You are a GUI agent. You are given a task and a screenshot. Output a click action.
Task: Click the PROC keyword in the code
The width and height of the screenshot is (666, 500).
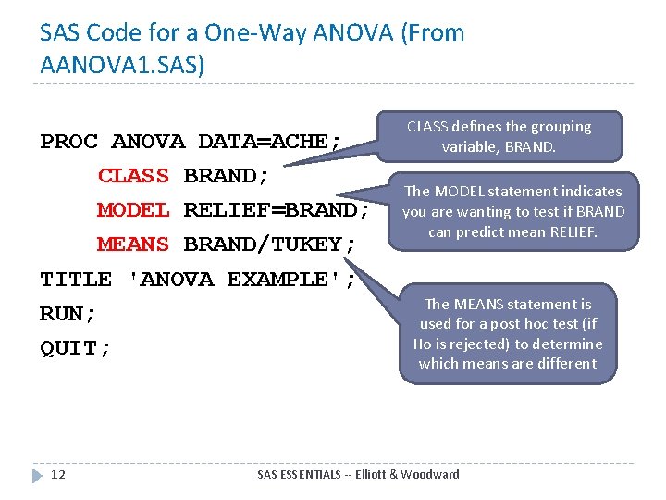(68, 142)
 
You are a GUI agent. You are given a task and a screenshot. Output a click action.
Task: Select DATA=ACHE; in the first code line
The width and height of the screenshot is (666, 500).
(270, 142)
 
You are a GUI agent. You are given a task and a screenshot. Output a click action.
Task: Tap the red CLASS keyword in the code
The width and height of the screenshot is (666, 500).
(133, 176)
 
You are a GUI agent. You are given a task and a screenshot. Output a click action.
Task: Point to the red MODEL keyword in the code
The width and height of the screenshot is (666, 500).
(133, 210)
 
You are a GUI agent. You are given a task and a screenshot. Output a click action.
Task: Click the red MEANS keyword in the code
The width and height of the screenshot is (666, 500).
(133, 244)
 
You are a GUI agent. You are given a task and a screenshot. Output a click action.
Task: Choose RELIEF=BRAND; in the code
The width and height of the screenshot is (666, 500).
(277, 210)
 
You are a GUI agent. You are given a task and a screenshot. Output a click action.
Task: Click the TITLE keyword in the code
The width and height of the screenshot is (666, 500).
(76, 279)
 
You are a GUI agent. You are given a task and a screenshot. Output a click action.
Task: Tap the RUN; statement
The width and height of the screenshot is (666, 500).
(68, 314)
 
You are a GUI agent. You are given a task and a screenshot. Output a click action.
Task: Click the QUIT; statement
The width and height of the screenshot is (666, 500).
(76, 348)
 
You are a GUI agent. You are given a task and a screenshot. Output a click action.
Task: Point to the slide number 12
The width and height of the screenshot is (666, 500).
(58, 474)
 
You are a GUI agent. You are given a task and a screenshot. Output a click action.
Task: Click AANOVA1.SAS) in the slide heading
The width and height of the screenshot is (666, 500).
(123, 65)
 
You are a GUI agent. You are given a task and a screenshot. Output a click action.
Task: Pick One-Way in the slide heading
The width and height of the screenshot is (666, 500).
(273, 33)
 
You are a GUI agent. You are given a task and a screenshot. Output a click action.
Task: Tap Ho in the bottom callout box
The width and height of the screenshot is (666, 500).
(423, 344)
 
